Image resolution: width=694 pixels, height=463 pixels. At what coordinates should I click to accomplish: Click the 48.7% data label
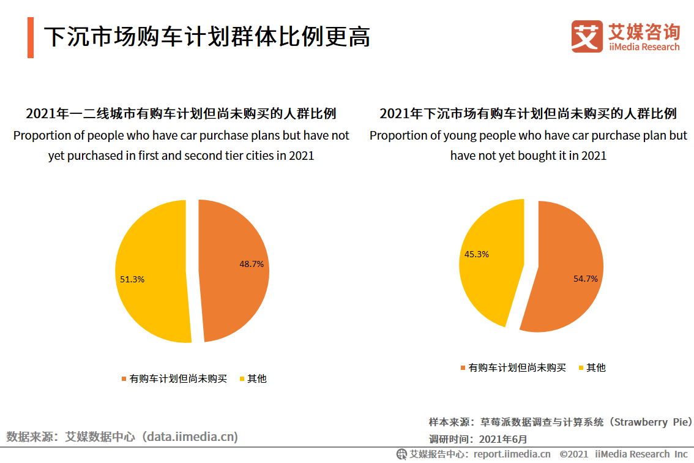click(251, 264)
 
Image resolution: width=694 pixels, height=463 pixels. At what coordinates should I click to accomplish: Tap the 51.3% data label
click(132, 279)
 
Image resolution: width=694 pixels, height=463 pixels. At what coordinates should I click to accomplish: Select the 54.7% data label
click(586, 278)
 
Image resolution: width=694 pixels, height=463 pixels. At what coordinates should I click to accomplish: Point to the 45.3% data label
click(477, 254)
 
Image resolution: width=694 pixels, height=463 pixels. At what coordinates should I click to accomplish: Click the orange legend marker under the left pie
click(125, 379)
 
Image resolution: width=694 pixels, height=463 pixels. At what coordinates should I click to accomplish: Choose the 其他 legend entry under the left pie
click(256, 378)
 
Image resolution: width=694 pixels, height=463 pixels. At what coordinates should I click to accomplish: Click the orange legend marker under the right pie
click(463, 368)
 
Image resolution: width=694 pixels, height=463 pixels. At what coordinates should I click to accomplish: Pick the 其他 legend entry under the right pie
click(595, 367)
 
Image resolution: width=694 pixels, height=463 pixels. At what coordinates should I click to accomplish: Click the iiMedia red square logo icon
click(587, 36)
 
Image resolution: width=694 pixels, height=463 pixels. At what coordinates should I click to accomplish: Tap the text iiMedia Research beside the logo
click(644, 47)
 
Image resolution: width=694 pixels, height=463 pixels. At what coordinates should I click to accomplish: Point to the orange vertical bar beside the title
click(31, 37)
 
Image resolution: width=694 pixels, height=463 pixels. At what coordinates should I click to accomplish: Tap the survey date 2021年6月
click(502, 439)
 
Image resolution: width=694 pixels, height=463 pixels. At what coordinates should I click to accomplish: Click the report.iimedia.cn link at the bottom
click(512, 454)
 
